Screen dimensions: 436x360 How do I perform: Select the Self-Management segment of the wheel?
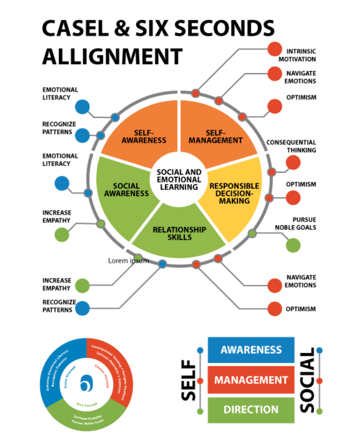pyautogui.click(x=216, y=135)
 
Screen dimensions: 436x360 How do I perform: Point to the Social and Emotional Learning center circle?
pyautogui.click(x=179, y=179)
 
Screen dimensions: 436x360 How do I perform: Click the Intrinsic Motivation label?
pyautogui.click(x=297, y=55)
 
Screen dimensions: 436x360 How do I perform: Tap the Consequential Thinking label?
pyautogui.click(x=291, y=146)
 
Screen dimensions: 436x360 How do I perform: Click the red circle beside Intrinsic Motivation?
pyautogui.click(x=274, y=49)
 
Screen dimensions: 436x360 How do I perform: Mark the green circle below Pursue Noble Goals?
pyautogui.click(x=293, y=245)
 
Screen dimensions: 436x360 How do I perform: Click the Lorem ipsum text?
pyautogui.click(x=128, y=261)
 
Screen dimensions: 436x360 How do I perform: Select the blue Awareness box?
pyautogui.click(x=251, y=350)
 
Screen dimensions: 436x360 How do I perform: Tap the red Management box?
pyautogui.click(x=251, y=380)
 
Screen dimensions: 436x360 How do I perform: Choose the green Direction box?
pyautogui.click(x=251, y=410)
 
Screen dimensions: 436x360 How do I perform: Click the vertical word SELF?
pyautogui.click(x=189, y=381)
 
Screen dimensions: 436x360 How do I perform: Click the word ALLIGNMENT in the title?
pyautogui.click(x=112, y=56)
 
